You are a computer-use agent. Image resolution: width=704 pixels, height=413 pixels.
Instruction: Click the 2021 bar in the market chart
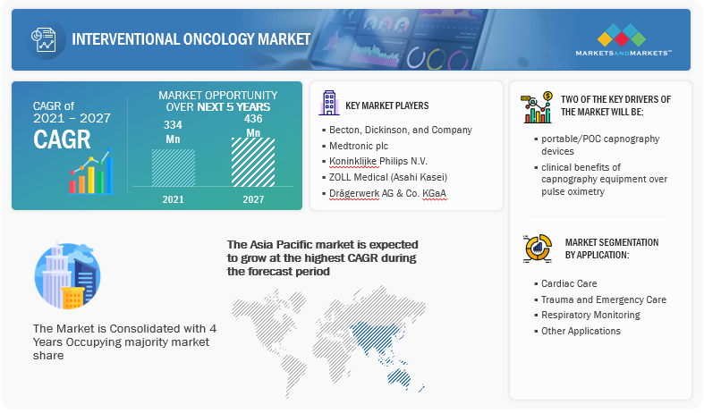tap(174, 167)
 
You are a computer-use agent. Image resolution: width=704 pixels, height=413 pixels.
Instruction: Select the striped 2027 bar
tap(253, 162)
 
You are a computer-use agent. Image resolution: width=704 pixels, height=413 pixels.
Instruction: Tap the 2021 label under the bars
tap(173, 199)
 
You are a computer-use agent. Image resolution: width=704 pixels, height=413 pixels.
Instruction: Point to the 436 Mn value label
tap(253, 125)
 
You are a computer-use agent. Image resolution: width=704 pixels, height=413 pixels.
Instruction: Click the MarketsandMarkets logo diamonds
tap(622, 35)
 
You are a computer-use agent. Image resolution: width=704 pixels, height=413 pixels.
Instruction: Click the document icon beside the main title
tap(44, 39)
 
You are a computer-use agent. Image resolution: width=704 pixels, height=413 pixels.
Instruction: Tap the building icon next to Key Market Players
tap(329, 103)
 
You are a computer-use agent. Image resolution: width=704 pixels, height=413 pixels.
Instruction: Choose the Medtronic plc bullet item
tap(355, 146)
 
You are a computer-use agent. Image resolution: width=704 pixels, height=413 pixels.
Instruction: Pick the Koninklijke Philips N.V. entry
tap(375, 161)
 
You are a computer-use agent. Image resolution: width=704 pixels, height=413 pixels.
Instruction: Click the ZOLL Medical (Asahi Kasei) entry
tap(385, 177)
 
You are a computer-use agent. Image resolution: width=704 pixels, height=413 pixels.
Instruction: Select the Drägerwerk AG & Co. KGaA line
tap(385, 193)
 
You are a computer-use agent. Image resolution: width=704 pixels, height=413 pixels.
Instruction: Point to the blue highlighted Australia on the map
tap(399, 377)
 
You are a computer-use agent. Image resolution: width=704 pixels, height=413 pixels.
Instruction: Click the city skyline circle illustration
tap(67, 275)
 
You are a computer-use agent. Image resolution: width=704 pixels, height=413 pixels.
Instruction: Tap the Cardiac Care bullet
tap(565, 283)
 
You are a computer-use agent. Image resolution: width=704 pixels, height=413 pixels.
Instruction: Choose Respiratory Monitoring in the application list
tap(588, 316)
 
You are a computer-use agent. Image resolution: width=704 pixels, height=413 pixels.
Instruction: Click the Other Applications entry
tap(577, 331)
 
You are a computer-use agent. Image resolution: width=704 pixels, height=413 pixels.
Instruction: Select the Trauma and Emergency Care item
tap(600, 299)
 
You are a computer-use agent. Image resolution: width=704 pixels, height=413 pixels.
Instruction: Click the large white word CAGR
tap(62, 139)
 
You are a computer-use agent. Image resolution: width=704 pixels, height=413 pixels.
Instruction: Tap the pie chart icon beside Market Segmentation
tap(538, 248)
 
